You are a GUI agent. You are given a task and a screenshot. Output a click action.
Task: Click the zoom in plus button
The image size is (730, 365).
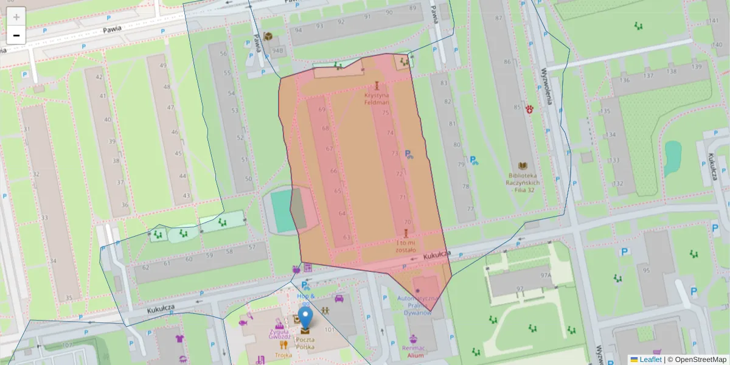click(16, 17)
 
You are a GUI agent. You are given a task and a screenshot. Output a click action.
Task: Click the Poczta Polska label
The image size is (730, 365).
click(305, 342)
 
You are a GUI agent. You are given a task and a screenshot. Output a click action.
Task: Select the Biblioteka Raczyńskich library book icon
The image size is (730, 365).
click(523, 165)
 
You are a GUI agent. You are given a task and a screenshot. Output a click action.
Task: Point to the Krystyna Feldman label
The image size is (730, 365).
click(377, 99)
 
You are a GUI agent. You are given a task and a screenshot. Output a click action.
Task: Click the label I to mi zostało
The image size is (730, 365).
click(405, 246)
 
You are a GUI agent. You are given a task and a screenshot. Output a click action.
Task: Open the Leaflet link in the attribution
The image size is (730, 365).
click(650, 360)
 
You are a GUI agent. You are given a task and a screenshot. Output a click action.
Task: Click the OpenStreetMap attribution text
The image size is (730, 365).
click(697, 360)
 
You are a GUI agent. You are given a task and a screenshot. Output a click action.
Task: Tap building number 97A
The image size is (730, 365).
click(546, 275)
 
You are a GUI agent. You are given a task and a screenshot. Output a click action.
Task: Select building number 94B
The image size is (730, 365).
click(277, 50)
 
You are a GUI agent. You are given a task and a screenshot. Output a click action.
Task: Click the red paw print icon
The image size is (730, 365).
click(530, 109)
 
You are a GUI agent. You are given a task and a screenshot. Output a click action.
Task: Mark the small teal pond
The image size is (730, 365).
click(673, 157)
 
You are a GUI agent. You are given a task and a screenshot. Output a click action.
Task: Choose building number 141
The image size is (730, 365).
click(714, 20)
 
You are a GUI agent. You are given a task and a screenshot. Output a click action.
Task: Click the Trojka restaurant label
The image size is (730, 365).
click(283, 355)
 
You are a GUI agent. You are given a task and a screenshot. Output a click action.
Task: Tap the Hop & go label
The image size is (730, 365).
click(306, 299)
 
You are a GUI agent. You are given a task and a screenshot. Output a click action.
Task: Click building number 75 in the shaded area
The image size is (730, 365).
click(385, 113)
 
